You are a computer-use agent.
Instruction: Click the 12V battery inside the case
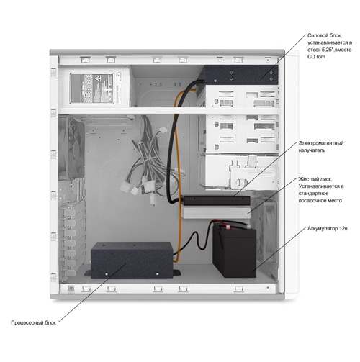[x=234, y=250]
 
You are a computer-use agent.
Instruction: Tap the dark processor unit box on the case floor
[x=132, y=260]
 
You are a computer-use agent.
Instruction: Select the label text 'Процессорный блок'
[x=33, y=322]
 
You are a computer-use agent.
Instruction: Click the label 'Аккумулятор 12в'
[x=328, y=228]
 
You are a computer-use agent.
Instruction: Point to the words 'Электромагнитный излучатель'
[x=321, y=147]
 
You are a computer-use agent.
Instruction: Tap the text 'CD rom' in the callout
[x=316, y=57]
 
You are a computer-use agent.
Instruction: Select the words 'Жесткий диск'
[x=315, y=179]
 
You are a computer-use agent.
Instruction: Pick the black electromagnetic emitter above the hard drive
[x=216, y=200]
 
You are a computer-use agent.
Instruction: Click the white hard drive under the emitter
[x=216, y=212]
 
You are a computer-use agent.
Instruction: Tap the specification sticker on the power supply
[x=92, y=88]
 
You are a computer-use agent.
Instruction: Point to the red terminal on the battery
[x=228, y=227]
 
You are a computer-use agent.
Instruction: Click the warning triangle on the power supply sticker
[x=98, y=78]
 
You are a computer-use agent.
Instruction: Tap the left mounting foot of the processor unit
[x=88, y=273]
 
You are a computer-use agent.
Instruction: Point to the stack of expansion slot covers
[x=72, y=240]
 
